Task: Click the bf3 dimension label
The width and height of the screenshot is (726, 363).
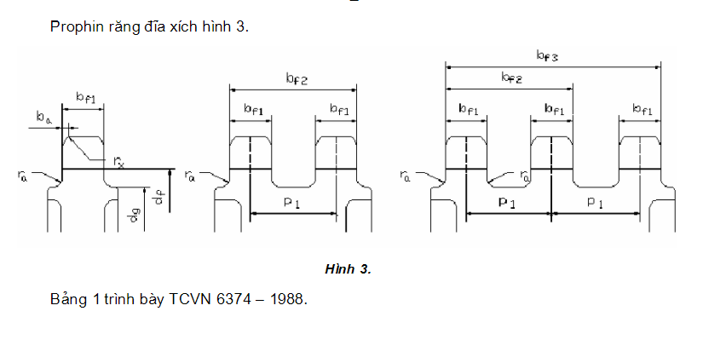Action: pyautogui.click(x=547, y=56)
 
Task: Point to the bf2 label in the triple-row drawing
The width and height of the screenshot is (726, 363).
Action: pyautogui.click(x=511, y=78)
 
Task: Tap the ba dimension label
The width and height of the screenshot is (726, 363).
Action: pyautogui.click(x=43, y=117)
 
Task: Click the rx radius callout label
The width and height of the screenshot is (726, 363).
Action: pyautogui.click(x=118, y=161)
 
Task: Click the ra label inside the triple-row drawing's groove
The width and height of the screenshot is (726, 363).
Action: pyautogui.click(x=526, y=176)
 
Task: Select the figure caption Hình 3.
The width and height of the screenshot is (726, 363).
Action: pyautogui.click(x=348, y=269)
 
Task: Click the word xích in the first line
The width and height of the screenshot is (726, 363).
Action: pyautogui.click(x=177, y=26)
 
